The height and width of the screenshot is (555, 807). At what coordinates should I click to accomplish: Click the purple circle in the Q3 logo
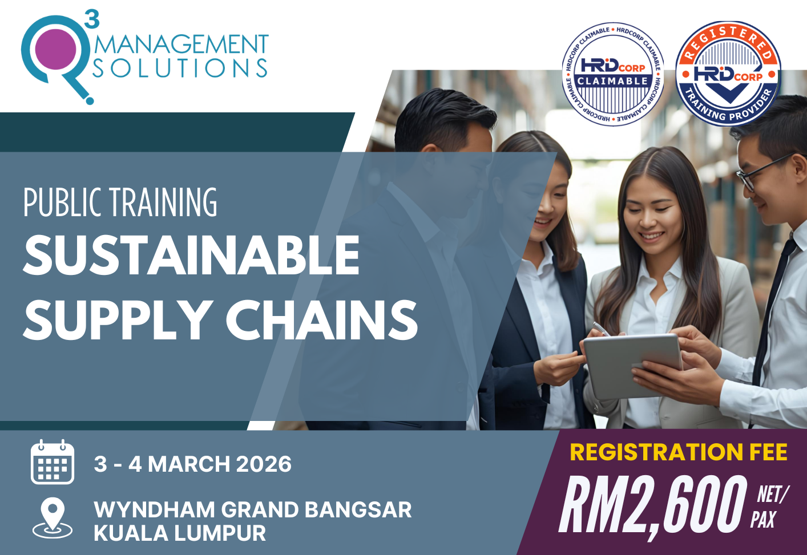(55, 48)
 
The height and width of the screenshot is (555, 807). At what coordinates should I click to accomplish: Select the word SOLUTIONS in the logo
(180, 68)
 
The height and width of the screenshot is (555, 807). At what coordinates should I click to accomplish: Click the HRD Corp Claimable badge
(612, 74)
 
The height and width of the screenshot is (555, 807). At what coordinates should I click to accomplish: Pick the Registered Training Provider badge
(728, 74)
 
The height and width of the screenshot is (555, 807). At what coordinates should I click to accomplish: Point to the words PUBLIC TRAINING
(120, 202)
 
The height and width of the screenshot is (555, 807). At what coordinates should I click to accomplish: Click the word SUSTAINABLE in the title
(192, 256)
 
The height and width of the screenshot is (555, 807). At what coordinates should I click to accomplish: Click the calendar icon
(53, 462)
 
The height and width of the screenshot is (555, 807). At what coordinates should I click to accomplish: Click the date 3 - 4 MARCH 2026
(193, 464)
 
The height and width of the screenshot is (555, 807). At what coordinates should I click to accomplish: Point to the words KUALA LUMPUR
(180, 533)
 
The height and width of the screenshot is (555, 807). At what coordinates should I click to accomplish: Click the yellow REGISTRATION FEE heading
(679, 452)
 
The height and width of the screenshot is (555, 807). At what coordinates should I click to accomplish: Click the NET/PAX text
(770, 507)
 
